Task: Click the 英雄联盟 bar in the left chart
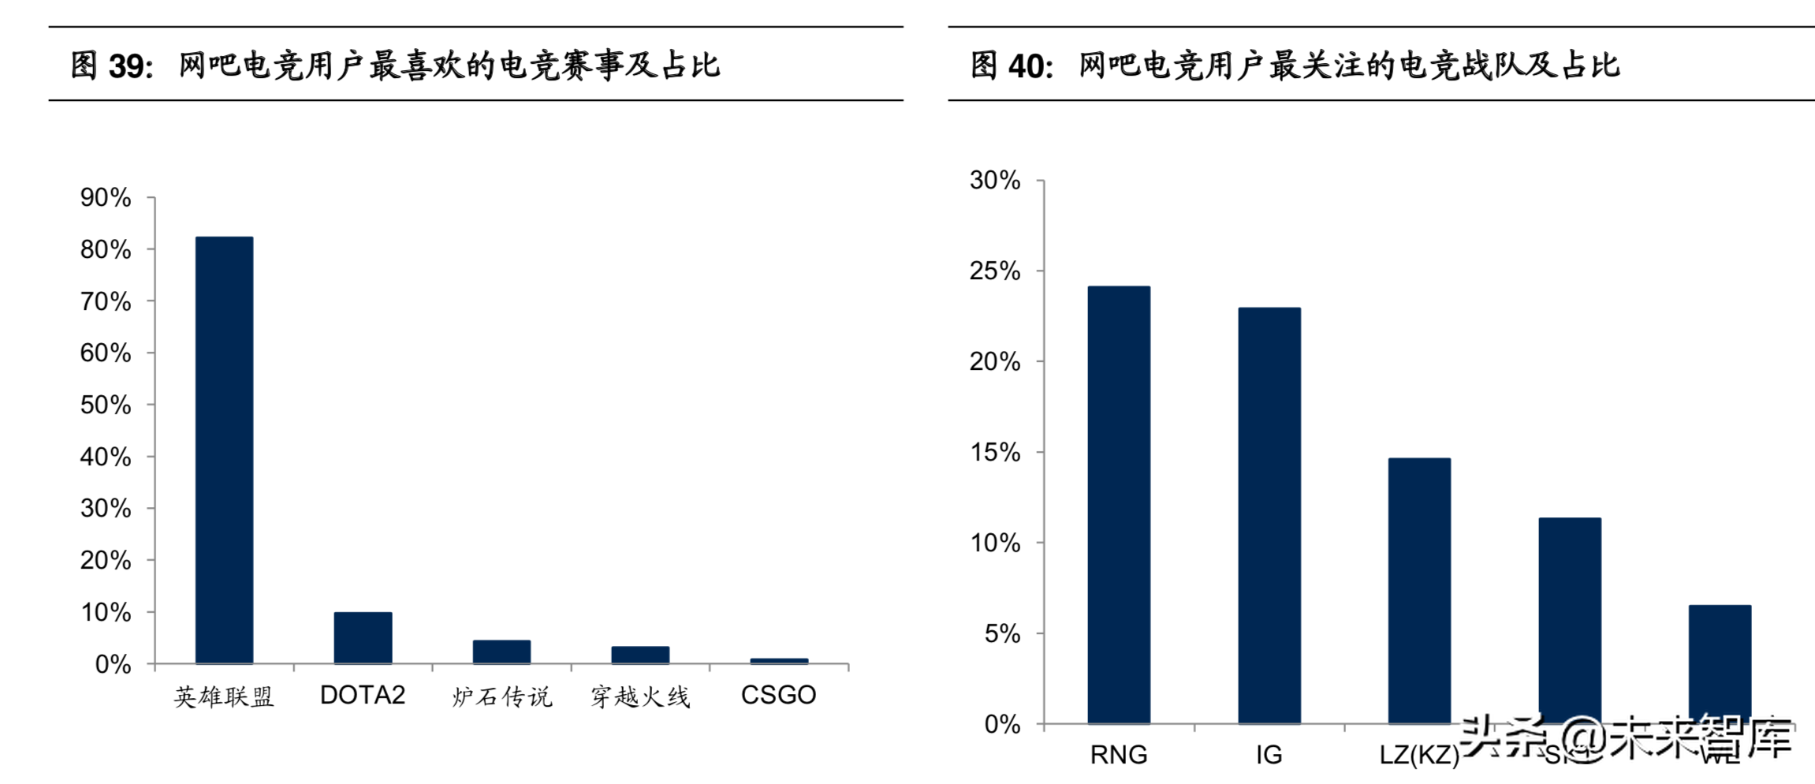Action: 224,450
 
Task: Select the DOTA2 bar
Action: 363,637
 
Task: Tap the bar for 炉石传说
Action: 501,651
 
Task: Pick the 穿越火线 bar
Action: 640,655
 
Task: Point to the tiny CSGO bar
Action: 779,661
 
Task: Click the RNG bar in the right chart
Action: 1119,505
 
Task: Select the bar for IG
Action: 1269,515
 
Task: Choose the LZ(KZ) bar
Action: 1419,590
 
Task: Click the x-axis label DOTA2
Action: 363,695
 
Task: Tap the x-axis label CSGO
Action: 779,695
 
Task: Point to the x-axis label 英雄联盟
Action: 224,696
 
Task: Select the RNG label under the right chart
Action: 1119,755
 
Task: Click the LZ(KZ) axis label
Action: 1419,755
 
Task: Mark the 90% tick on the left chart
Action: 106,197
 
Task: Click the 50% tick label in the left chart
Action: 106,405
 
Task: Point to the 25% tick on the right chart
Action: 995,271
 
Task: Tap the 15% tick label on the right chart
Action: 995,453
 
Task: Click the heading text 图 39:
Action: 111,65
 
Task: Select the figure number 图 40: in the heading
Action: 1012,65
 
